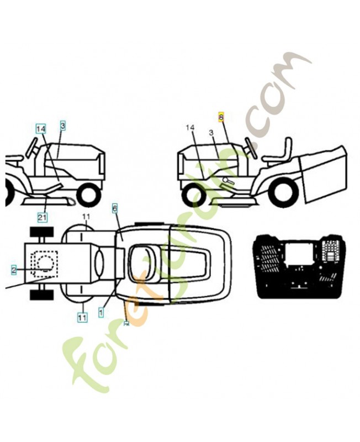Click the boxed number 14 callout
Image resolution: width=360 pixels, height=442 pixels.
tap(41, 128)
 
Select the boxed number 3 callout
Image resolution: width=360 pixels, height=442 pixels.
tap(63, 127)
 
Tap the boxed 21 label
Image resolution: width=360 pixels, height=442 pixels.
tap(42, 217)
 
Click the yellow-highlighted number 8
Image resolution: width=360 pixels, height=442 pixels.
tap(221, 117)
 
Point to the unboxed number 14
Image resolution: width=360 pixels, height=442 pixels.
tap(190, 128)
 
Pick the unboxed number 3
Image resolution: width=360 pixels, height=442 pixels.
tap(211, 133)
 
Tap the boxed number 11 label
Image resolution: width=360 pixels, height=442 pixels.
tap(82, 317)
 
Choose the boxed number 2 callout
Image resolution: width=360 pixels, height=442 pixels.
tap(14, 269)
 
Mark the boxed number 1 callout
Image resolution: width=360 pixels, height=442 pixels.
tap(101, 312)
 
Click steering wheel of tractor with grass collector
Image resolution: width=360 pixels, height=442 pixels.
tap(251, 147)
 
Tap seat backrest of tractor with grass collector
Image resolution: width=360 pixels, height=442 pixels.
tap(287, 148)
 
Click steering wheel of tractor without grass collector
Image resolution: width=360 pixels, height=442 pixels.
tap(32, 148)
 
